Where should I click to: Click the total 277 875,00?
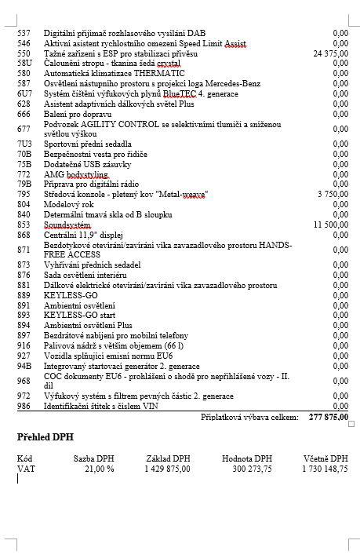pos(328,418)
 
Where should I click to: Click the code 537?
pos(24,33)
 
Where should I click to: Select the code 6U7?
pos(24,93)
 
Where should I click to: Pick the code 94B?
pos(24,365)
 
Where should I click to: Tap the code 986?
pos(24,406)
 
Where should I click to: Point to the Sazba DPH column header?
pos(94,458)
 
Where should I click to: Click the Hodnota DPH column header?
pos(246,458)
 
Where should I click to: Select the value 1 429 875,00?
pos(167,469)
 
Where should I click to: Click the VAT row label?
pos(26,469)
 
